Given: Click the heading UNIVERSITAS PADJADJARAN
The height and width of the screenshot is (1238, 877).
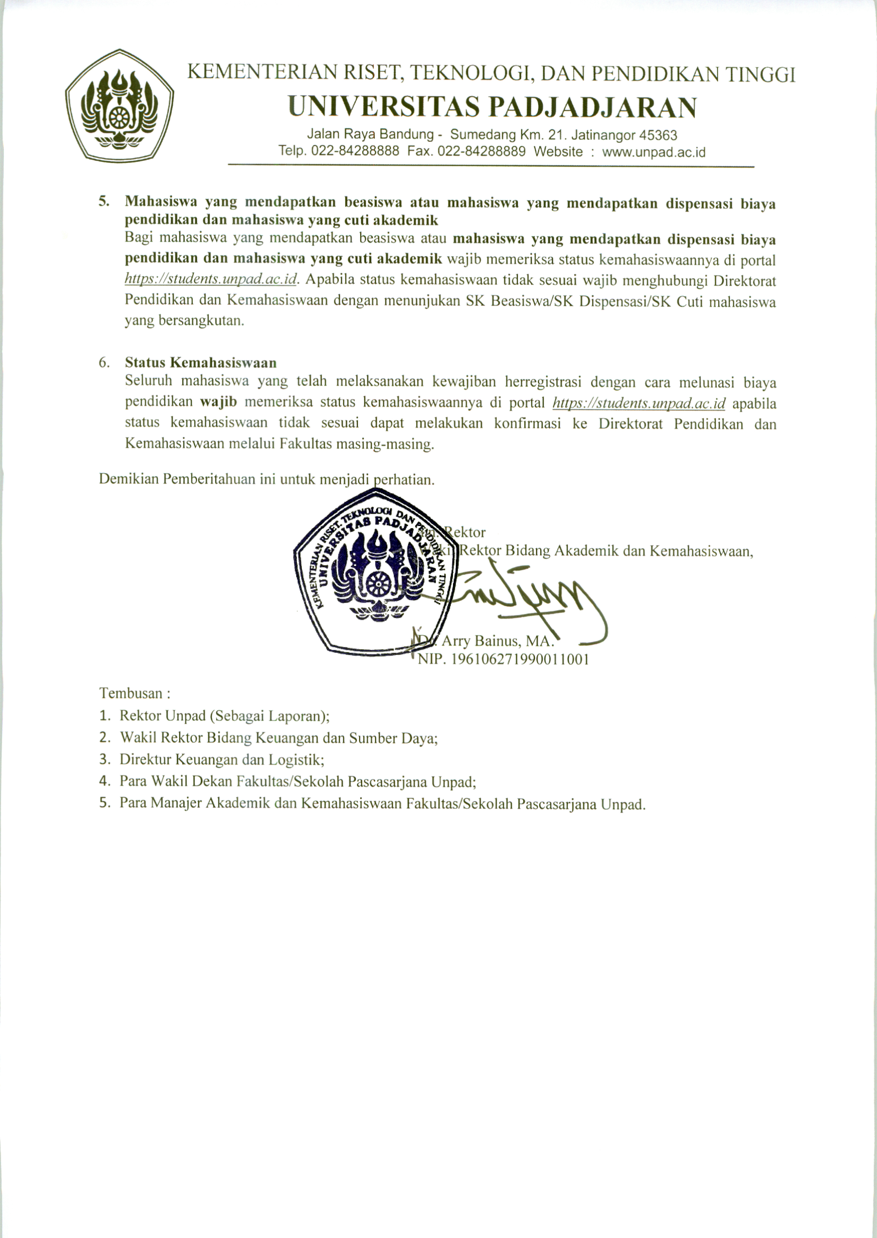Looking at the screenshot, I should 492,107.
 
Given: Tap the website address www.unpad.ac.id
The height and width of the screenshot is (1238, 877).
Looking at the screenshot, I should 654,152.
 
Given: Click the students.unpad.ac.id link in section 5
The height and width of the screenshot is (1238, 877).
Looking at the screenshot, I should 211,279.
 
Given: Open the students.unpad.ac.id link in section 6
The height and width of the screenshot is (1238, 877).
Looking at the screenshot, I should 639,403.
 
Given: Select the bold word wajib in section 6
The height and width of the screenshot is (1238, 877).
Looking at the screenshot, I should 218,402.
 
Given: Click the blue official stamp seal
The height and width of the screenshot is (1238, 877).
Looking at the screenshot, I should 375,572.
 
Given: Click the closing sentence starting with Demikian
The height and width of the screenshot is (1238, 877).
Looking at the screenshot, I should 266,479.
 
